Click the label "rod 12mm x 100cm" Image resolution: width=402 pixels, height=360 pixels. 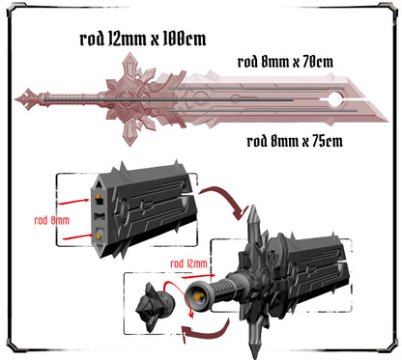tap(143, 39)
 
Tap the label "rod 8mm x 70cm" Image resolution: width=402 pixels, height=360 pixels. tap(285, 62)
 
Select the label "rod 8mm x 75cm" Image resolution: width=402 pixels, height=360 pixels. tap(295, 141)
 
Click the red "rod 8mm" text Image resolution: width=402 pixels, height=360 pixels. tap(52, 220)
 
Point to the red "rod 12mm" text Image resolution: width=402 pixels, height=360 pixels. tap(188, 263)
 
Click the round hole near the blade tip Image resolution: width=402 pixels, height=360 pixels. tap(335, 99)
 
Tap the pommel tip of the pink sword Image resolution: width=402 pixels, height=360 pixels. tap(16, 99)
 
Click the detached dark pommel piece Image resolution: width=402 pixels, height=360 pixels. tap(156, 307)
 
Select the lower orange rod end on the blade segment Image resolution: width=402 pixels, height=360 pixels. tap(99, 237)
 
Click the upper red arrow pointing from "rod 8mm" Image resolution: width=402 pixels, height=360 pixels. tap(73, 202)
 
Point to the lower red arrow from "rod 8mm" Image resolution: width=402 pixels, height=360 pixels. tap(78, 237)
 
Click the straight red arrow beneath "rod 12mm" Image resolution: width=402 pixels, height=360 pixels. tap(198, 276)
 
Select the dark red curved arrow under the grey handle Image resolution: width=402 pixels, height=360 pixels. tap(206, 331)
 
